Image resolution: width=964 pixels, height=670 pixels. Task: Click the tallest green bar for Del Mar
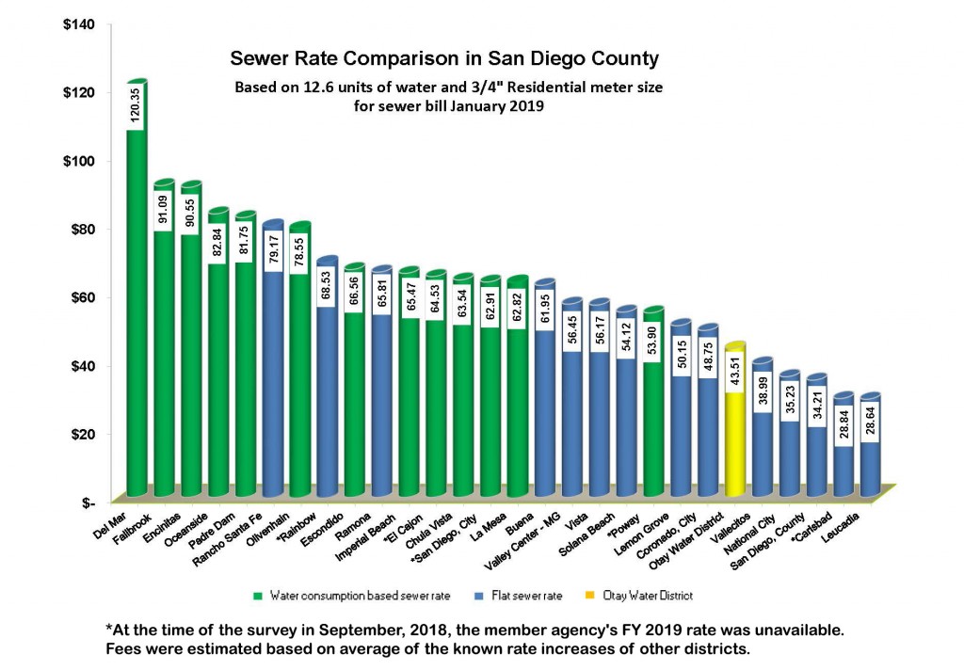click(x=136, y=311)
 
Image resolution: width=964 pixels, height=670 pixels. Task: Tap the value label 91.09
click(x=163, y=212)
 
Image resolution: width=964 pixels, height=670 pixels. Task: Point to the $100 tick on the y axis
click(x=79, y=160)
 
